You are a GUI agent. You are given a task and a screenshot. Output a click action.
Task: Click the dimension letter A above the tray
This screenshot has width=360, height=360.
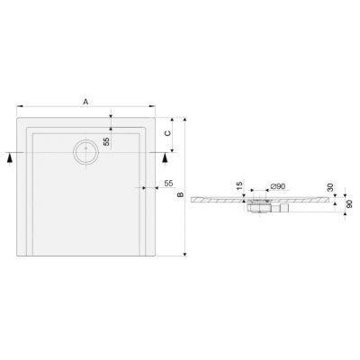[85, 103]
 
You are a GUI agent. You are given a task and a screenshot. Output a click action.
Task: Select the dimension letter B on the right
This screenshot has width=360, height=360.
[180, 194]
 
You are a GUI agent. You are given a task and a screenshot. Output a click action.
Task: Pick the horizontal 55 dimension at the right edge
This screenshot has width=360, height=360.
[168, 184]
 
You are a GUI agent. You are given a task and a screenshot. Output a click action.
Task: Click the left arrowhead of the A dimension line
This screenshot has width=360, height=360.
[17, 109]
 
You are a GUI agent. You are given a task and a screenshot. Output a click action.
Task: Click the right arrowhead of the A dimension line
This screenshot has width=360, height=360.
[156, 109]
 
